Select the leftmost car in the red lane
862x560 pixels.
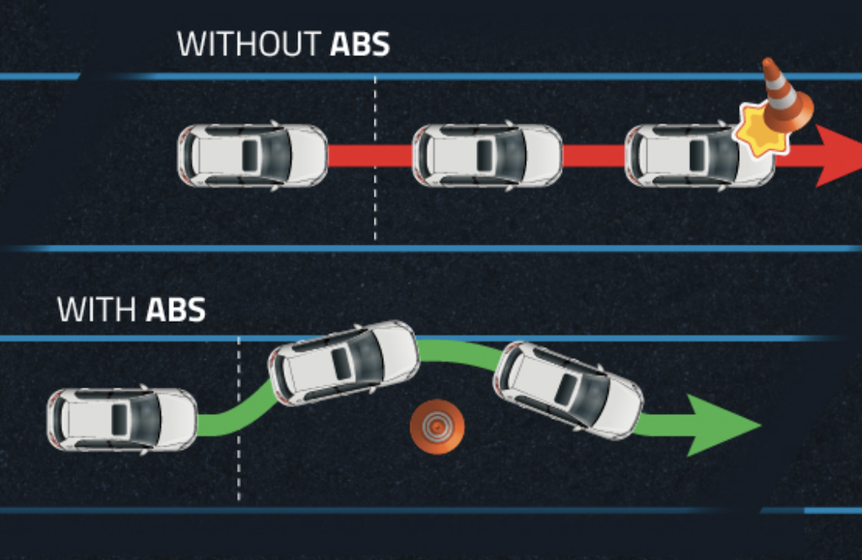click(x=252, y=156)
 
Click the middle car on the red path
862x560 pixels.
click(x=487, y=156)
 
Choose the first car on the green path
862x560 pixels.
click(x=122, y=419)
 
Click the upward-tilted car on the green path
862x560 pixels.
click(x=343, y=362)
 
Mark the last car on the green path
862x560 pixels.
click(x=568, y=389)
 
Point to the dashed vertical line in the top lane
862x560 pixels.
click(x=375, y=202)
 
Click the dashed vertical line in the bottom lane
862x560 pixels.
click(x=239, y=471)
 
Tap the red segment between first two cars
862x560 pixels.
click(x=370, y=156)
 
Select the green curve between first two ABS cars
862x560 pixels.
click(x=236, y=411)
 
